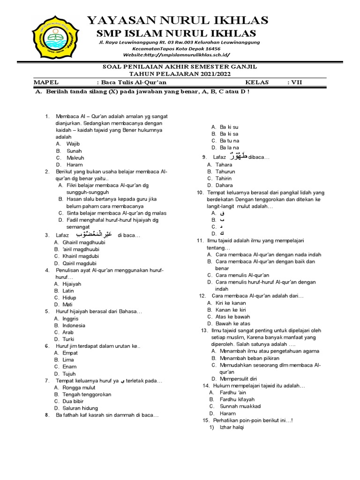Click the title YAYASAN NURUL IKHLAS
178,20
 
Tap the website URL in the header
177,54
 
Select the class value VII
297,82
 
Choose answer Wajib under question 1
74,144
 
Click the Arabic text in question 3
94,234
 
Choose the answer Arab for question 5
69,332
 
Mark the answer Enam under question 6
69,367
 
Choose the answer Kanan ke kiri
231,310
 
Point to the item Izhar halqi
232,427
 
